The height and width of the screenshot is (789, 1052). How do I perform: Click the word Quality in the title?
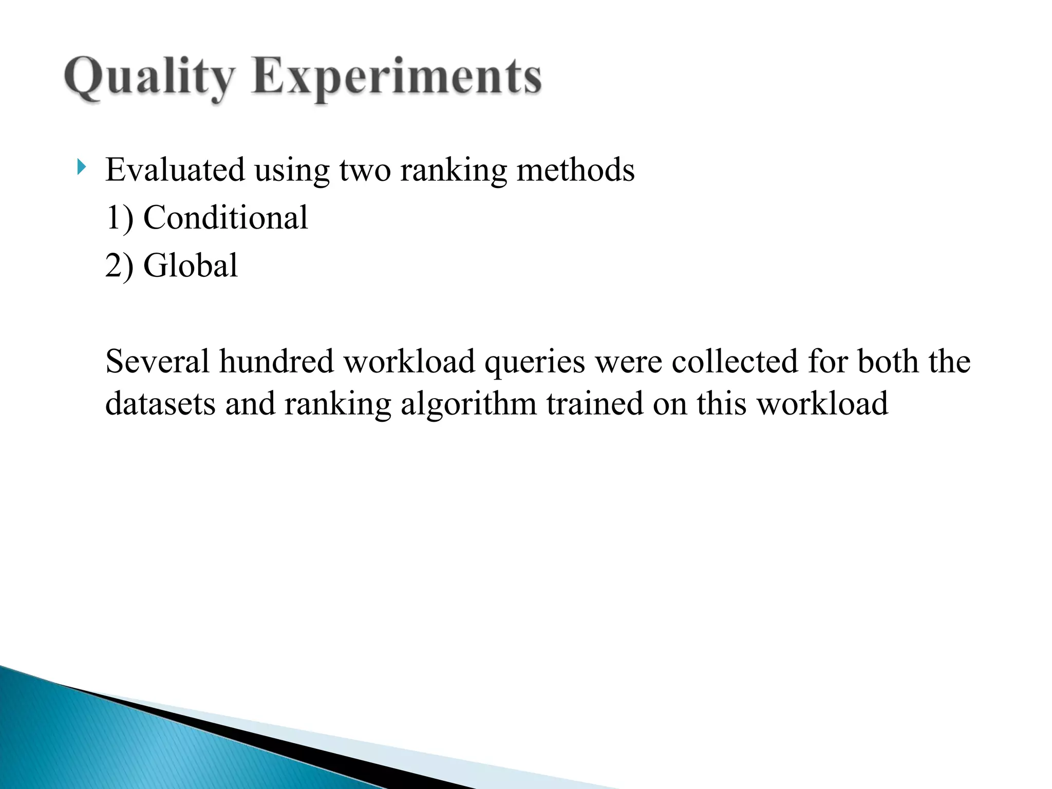coord(148,78)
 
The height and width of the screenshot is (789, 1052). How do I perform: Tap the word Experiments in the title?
coord(396,78)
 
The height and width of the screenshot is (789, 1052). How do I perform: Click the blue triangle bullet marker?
coord(81,167)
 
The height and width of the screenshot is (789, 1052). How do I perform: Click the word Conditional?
coord(226,218)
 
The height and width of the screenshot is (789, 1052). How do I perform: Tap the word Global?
coord(190,266)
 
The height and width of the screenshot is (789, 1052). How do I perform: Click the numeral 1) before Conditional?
coord(119,218)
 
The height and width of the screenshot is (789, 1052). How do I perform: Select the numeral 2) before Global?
coord(119,266)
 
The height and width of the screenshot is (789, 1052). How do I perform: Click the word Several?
coord(157,361)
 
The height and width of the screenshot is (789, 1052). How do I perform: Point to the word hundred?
coord(277,361)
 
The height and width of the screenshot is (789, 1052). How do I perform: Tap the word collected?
coord(735,361)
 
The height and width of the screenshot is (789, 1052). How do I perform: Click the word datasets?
coord(160,404)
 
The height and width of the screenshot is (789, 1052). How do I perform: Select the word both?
coord(888,361)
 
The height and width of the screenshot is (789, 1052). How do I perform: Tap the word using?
coord(291,171)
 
